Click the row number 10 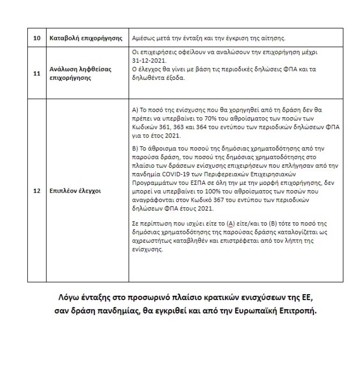pos(36,38)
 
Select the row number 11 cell pos(36,74)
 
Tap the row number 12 pos(36,191)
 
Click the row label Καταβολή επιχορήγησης pos(86,38)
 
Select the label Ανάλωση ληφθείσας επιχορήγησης pos(80,74)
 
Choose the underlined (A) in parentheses pos(231,223)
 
